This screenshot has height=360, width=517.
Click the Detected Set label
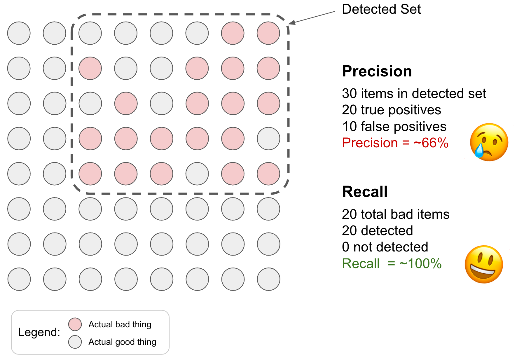pyautogui.click(x=381, y=9)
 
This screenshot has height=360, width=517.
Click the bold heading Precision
pyautogui.click(x=377, y=71)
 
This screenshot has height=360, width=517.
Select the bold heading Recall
pyautogui.click(x=365, y=192)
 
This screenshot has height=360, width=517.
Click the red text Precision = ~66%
pyautogui.click(x=395, y=143)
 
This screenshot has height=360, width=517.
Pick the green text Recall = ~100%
pyautogui.click(x=392, y=263)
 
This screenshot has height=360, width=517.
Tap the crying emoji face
pyautogui.click(x=489, y=142)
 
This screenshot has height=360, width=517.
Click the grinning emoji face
pyautogui.click(x=484, y=264)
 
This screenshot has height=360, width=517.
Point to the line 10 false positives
pyautogui.click(x=394, y=127)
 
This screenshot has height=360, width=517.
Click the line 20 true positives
pyautogui.click(x=391, y=110)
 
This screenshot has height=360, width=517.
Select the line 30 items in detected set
pyautogui.click(x=414, y=94)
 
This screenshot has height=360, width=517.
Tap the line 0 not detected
pyautogui.click(x=385, y=247)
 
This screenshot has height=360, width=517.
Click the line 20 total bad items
pyautogui.click(x=395, y=214)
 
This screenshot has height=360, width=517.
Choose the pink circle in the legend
pyautogui.click(x=75, y=324)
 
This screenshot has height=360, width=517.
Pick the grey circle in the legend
pyautogui.click(x=75, y=342)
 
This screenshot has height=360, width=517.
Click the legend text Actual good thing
pyautogui.click(x=122, y=342)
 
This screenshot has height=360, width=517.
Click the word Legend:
pyautogui.click(x=39, y=332)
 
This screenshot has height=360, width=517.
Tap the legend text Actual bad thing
pyautogui.click(x=120, y=324)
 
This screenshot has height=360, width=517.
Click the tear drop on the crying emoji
pyautogui.click(x=478, y=151)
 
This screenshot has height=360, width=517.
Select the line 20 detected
pyautogui.click(x=377, y=231)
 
